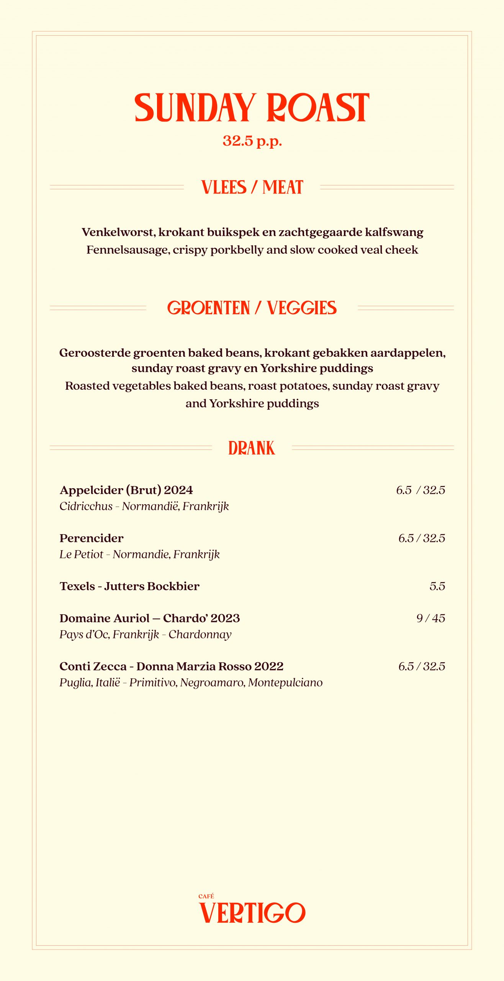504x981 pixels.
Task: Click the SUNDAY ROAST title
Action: (x=252, y=108)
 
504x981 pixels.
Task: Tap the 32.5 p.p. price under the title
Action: (x=252, y=141)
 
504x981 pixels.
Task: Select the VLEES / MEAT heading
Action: (x=252, y=187)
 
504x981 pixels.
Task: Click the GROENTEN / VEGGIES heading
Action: (x=252, y=308)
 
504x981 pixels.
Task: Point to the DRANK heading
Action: (x=252, y=448)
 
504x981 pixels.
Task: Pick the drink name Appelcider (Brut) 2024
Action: (x=126, y=490)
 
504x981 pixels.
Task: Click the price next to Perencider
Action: (x=422, y=538)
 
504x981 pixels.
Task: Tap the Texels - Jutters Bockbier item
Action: (x=129, y=586)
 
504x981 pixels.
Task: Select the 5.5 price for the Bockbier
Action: (x=437, y=586)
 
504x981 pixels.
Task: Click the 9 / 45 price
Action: (x=431, y=618)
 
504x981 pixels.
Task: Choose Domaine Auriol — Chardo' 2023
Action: (x=150, y=618)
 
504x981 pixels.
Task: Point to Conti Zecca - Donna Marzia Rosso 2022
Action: (x=172, y=666)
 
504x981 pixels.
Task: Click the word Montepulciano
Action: (x=285, y=682)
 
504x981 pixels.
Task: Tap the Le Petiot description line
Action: (x=140, y=554)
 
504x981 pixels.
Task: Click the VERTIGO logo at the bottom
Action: (x=252, y=913)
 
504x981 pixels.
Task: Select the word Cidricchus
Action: (x=86, y=507)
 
